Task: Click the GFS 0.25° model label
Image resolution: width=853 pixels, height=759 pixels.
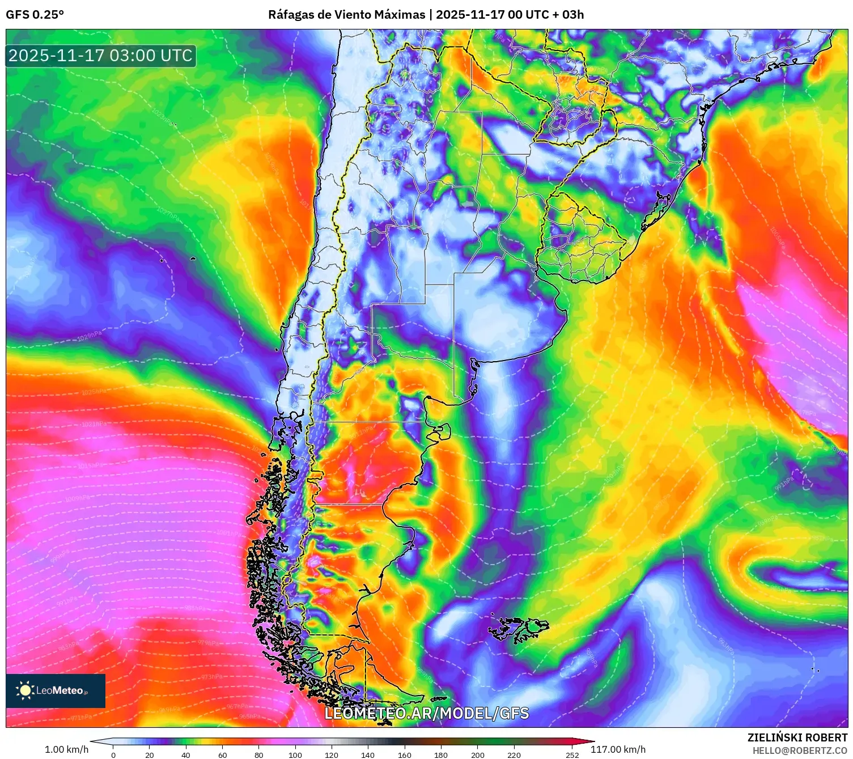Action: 35,15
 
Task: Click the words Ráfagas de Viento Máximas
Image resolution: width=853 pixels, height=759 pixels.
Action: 346,15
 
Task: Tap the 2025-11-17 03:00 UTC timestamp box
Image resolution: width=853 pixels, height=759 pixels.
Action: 101,56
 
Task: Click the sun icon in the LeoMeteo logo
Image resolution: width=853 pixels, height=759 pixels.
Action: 25,690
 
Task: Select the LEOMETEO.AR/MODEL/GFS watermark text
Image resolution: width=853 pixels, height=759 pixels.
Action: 426,713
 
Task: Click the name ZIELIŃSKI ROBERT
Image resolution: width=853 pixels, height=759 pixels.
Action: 797,737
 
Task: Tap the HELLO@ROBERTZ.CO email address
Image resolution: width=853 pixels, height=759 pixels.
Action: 800,750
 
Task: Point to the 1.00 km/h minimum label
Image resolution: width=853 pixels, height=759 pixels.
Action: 66,749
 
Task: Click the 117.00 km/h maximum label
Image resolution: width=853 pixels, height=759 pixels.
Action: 618,749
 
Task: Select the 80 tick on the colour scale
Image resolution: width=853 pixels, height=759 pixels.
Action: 259,754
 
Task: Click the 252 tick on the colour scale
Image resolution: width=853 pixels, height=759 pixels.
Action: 572,754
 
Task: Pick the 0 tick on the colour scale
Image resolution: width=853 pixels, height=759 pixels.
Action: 113,754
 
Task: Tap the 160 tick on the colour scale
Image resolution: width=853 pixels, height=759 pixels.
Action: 405,754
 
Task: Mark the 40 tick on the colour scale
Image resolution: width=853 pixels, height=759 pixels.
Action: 186,754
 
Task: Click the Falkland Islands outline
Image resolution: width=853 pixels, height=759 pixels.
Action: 519,628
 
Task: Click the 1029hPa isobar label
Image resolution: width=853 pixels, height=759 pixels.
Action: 90,336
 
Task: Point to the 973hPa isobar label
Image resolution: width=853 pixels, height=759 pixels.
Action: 212,677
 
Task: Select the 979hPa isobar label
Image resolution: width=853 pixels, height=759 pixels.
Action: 207,643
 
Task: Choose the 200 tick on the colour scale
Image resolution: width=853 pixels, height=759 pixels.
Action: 478,754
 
